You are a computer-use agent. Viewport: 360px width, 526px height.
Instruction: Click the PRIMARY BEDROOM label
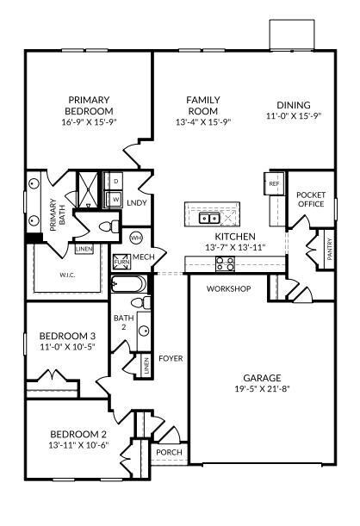click(90, 105)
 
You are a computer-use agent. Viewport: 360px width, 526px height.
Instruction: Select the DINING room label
click(293, 105)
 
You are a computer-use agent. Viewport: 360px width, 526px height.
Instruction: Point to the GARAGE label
click(262, 378)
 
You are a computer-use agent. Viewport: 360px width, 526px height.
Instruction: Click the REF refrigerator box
click(275, 184)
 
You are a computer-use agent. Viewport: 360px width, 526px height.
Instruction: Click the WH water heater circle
click(136, 237)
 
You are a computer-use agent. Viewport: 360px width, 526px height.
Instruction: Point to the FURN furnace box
click(119, 260)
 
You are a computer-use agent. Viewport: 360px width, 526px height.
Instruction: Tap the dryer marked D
click(115, 181)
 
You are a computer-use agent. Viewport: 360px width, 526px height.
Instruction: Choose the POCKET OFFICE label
click(310, 200)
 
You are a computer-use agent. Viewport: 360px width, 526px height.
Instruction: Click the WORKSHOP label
click(228, 289)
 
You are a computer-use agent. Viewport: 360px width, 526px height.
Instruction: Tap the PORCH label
click(168, 452)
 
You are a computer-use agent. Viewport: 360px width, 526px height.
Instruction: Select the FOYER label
click(171, 358)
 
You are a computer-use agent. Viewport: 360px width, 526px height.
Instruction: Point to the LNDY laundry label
click(136, 203)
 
